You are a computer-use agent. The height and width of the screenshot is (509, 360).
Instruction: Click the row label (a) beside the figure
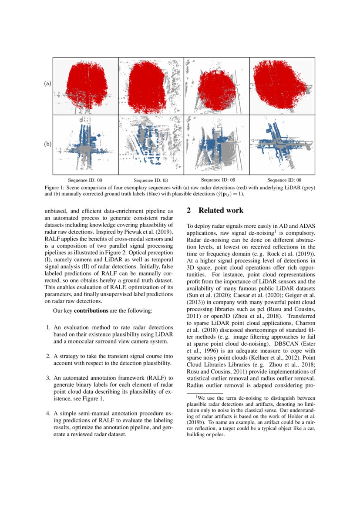tap(48, 83)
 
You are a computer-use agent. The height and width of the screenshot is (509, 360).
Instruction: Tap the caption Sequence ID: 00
tap(85, 180)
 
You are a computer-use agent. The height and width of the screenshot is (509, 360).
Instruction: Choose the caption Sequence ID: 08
tap(284, 180)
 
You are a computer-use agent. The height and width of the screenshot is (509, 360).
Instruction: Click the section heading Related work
tap(221, 211)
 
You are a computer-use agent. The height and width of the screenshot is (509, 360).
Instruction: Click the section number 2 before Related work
tap(189, 211)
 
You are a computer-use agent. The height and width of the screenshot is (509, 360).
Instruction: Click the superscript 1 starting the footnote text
tap(196, 396)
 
